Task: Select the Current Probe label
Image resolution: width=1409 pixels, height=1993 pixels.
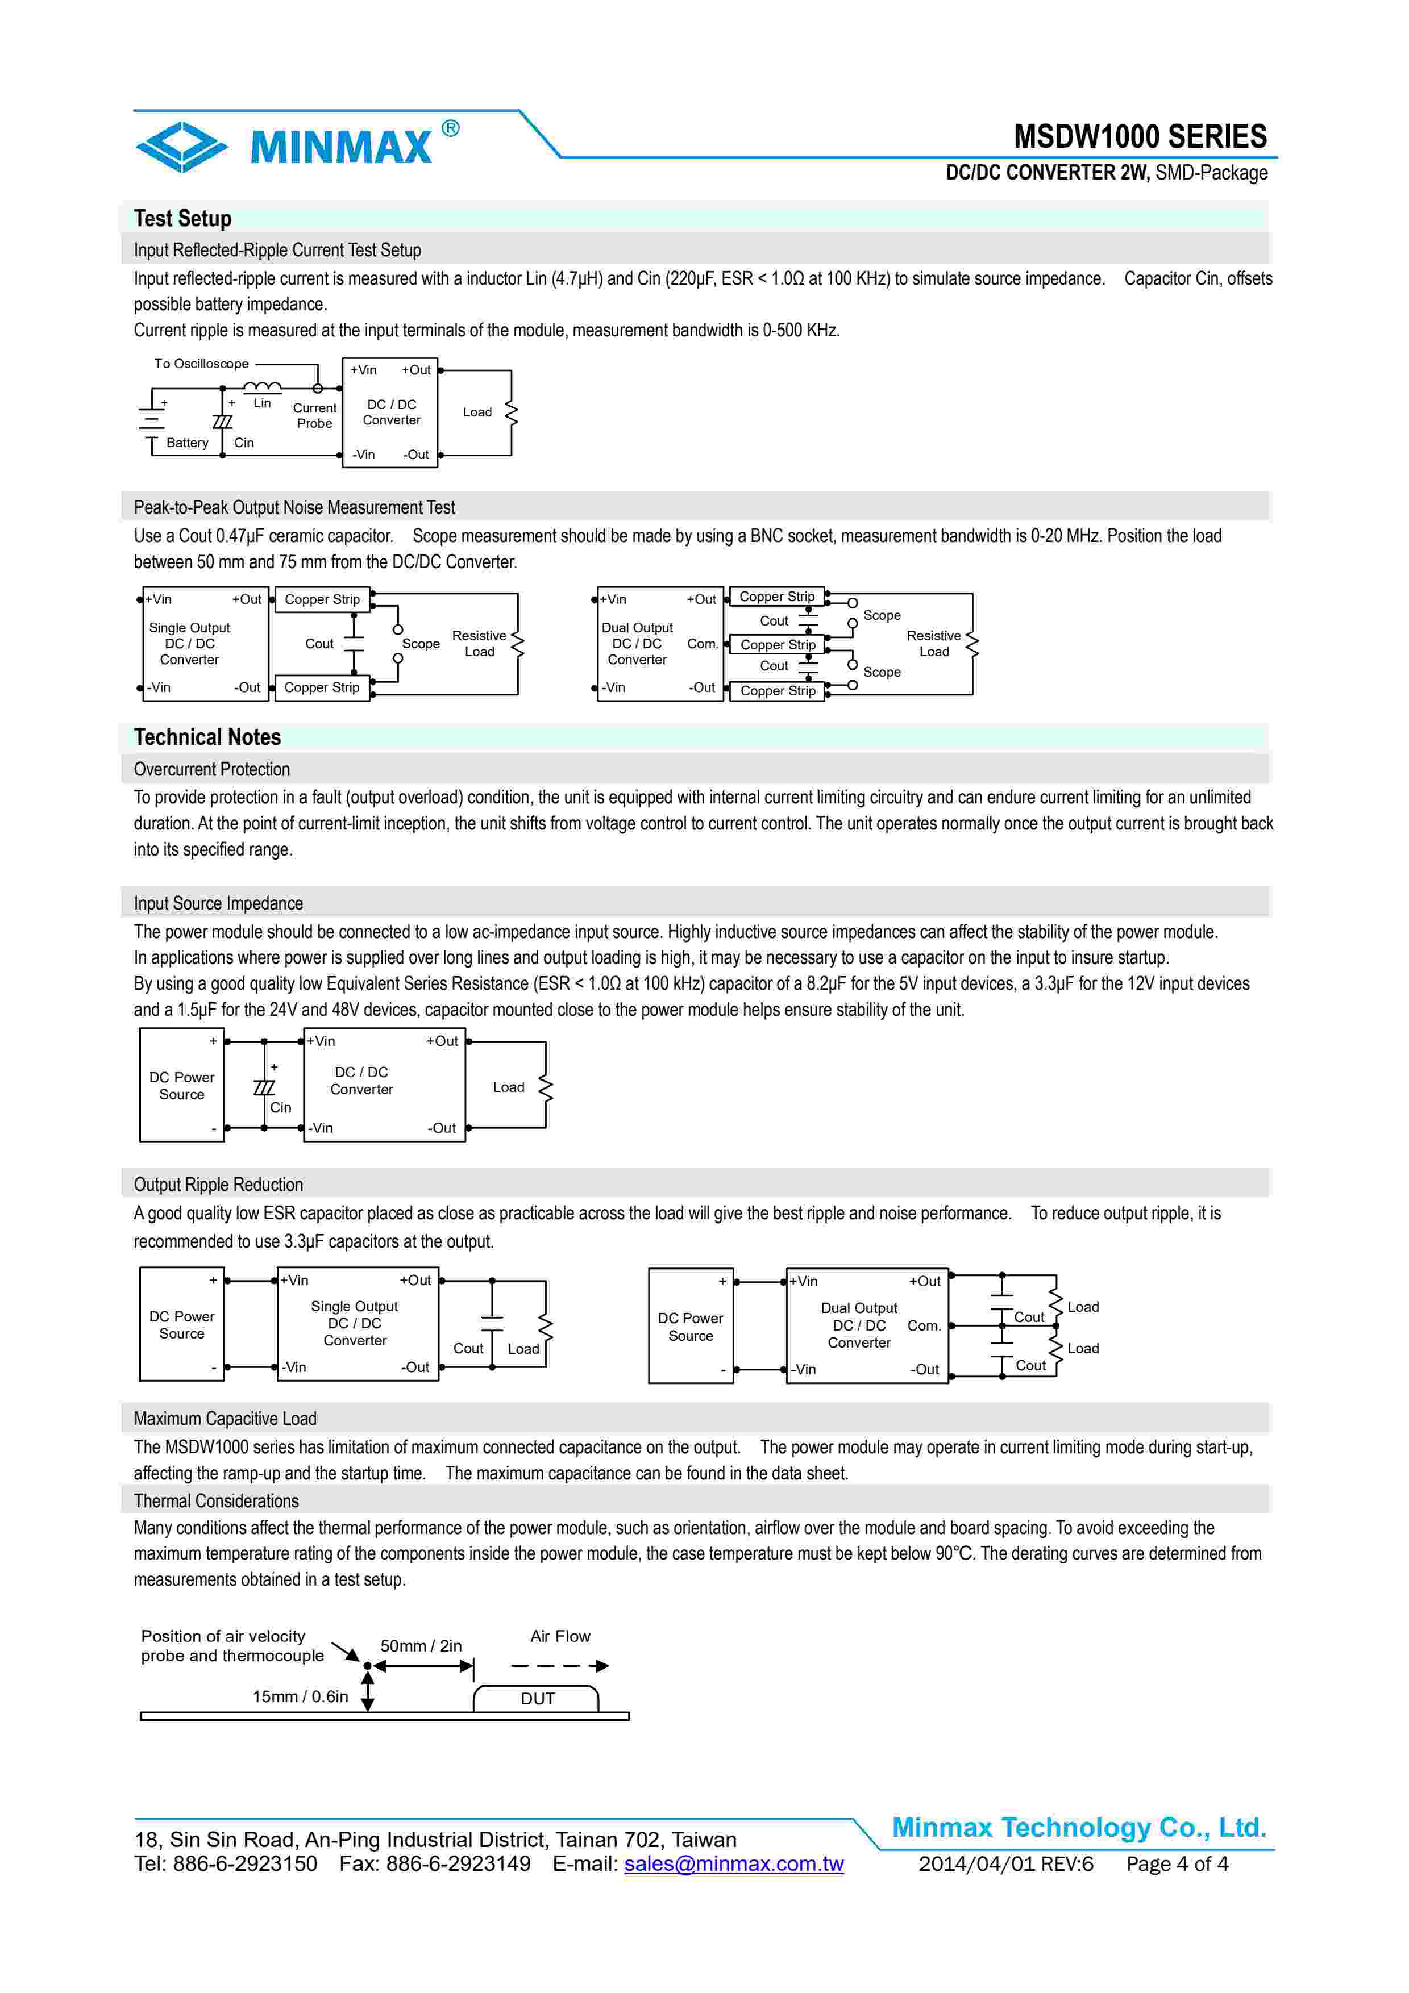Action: coord(314,416)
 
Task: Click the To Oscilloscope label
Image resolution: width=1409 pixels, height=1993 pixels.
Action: coord(201,364)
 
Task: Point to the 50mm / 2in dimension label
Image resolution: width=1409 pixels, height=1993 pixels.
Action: coord(421,1646)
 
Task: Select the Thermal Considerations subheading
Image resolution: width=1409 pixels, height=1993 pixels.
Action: coord(216,1501)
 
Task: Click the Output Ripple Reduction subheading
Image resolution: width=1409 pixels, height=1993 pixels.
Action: coord(218,1185)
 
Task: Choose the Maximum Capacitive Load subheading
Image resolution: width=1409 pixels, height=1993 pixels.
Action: coord(225,1419)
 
